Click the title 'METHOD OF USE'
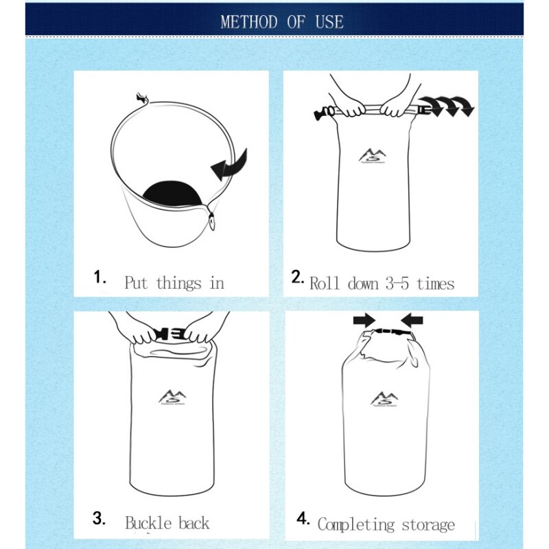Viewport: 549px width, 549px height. [281, 21]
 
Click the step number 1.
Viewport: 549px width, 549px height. [100, 277]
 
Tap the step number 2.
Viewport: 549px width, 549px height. [297, 277]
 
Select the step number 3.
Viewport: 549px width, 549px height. [99, 519]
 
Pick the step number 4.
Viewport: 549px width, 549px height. [303, 519]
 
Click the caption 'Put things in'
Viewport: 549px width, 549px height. [174, 283]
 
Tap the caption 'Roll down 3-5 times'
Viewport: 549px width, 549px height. [382, 283]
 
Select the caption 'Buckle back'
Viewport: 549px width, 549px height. [167, 524]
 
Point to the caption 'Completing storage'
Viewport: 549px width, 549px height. [386, 525]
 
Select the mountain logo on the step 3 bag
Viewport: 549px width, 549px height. [172, 397]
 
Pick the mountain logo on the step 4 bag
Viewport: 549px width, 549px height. [384, 399]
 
